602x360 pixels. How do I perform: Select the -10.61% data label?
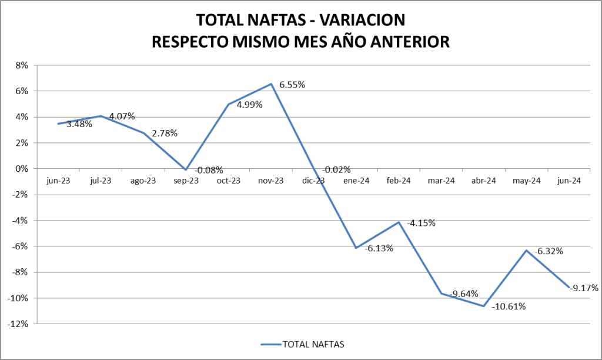(509, 306)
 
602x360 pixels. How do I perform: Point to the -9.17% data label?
(584, 288)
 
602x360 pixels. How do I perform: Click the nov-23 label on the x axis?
(271, 181)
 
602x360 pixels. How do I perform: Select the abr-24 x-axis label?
(484, 181)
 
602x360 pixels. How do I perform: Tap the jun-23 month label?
(58, 181)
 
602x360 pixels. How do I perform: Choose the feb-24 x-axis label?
(399, 181)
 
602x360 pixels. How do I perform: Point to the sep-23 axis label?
(186, 181)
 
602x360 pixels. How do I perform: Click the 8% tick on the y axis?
(22, 65)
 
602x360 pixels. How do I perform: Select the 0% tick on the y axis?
(22, 169)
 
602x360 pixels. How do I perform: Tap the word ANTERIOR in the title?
(402, 42)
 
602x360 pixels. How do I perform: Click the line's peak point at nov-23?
(271, 84)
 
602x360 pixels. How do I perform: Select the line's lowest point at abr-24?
(484, 306)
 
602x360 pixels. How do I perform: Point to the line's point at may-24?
(526, 251)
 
